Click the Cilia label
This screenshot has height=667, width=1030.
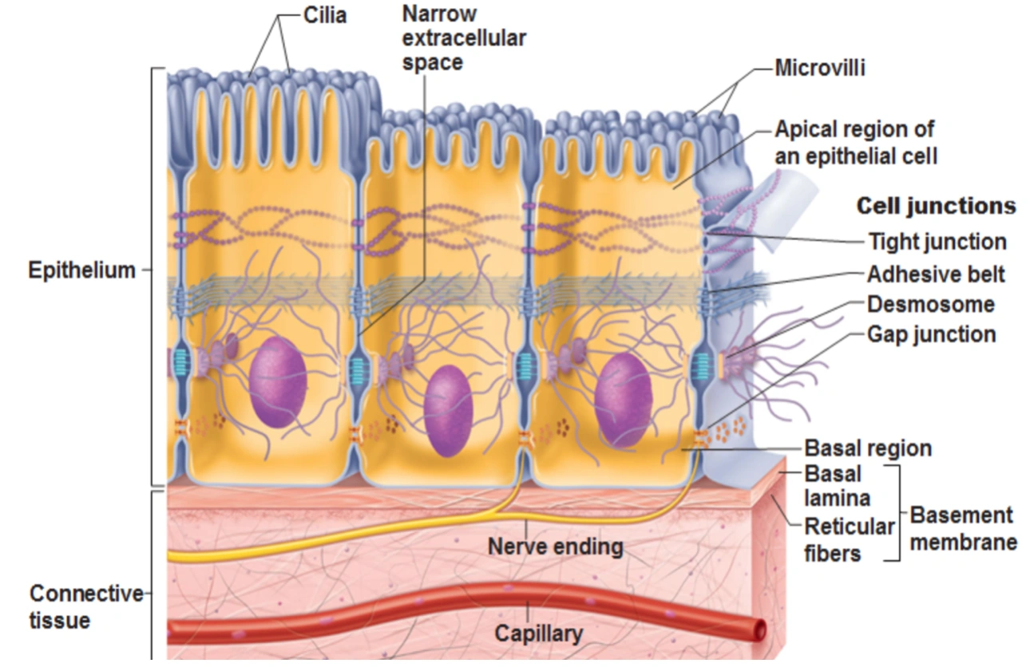[325, 15]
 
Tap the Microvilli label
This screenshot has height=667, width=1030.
[820, 68]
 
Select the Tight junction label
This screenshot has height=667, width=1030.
[937, 241]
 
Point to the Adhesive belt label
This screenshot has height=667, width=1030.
[936, 274]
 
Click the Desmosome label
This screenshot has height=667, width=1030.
[931, 304]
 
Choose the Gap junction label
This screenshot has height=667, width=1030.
[931, 333]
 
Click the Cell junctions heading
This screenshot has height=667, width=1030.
[936, 206]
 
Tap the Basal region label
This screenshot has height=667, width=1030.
[867, 448]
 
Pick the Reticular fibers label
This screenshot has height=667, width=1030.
[849, 539]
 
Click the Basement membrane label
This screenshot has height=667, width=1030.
[963, 528]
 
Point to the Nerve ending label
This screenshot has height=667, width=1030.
[555, 547]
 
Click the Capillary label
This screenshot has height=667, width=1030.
[538, 634]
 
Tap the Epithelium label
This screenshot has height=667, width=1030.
[82, 270]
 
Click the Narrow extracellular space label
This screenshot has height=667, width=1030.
[464, 38]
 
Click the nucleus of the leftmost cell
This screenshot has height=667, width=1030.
[278, 381]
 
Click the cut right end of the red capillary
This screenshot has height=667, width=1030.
[761, 629]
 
